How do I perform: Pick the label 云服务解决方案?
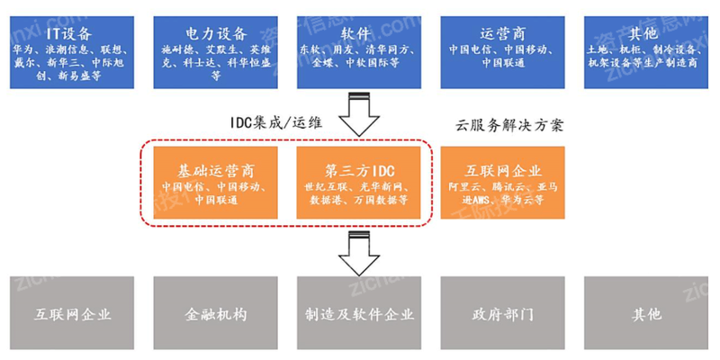click(510, 125)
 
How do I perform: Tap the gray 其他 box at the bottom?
click(647, 314)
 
